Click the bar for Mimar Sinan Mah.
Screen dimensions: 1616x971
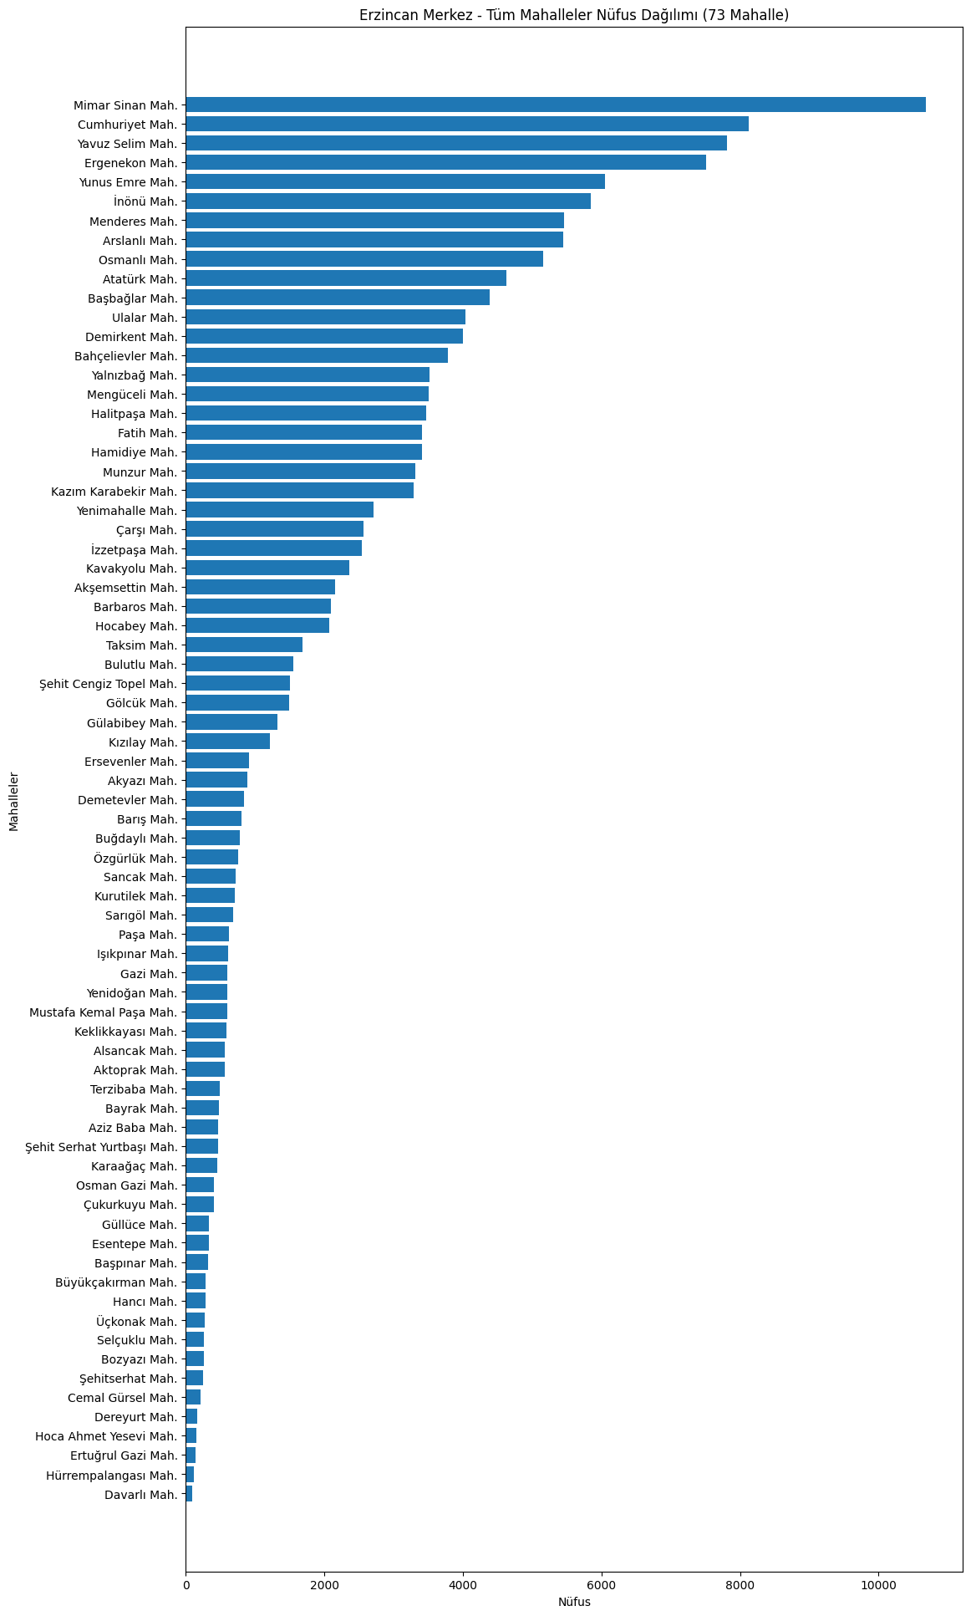(x=555, y=105)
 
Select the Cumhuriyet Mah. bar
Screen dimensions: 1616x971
(x=466, y=124)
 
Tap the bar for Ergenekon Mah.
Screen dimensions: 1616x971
(x=445, y=162)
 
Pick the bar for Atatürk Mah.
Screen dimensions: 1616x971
(x=345, y=278)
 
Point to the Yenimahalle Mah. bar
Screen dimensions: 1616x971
(x=279, y=510)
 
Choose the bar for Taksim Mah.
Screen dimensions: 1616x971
(x=243, y=645)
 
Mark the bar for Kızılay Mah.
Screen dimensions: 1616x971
(x=227, y=742)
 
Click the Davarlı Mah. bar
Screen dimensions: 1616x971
(x=189, y=1494)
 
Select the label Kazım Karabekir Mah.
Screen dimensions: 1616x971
(x=114, y=491)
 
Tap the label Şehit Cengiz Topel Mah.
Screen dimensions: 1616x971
(x=109, y=684)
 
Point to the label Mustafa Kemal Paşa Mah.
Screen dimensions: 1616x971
(x=104, y=1012)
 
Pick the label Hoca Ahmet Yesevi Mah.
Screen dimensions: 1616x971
(x=107, y=1436)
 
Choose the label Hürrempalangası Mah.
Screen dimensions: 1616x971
(x=112, y=1475)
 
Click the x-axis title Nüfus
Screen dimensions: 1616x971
(x=574, y=1602)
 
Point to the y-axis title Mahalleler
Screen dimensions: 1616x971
(x=14, y=802)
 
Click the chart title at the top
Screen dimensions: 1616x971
(x=574, y=15)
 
